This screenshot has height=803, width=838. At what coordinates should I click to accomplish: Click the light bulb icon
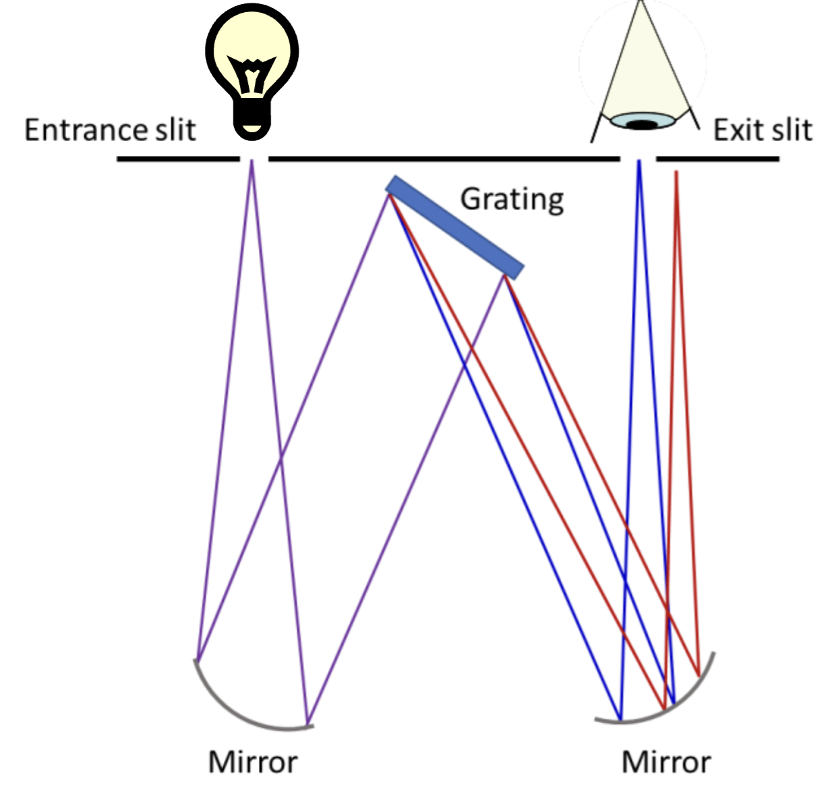click(251, 71)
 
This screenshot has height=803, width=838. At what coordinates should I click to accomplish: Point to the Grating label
click(512, 200)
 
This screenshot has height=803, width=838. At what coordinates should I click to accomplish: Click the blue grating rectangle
click(454, 227)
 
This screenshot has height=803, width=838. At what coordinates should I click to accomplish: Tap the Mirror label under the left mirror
click(253, 762)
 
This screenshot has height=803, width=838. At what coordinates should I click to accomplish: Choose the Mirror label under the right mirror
click(666, 762)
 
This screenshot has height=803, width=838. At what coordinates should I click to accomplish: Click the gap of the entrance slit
click(254, 159)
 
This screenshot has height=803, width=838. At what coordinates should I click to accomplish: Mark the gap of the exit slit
click(638, 159)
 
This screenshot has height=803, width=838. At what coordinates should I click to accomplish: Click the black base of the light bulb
click(251, 123)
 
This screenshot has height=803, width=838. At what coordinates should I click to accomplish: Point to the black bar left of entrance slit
click(178, 159)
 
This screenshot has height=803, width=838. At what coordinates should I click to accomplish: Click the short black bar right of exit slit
click(717, 159)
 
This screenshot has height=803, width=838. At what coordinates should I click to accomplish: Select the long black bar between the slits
click(444, 159)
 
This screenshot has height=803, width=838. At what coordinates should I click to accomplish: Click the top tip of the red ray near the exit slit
click(676, 173)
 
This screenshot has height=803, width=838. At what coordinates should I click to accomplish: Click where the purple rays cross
click(280, 461)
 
